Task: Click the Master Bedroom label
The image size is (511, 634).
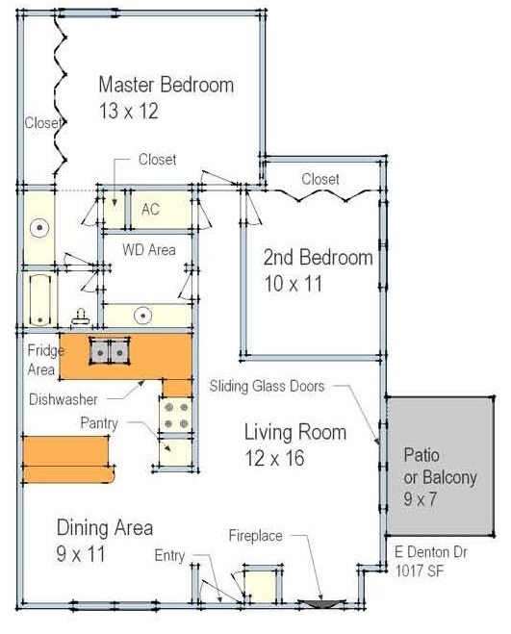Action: [x=166, y=85]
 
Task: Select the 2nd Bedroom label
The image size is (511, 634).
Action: [x=319, y=258]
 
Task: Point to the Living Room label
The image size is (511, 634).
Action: [x=294, y=432]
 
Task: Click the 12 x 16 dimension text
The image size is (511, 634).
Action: [x=274, y=458]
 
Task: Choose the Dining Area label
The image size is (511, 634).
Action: [x=104, y=528]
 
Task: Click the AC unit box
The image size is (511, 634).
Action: [x=151, y=209]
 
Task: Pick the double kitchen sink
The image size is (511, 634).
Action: [x=109, y=352]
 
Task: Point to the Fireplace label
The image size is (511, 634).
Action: [x=255, y=536]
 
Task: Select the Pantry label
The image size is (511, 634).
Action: [x=99, y=422]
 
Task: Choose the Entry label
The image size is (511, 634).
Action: [x=169, y=556]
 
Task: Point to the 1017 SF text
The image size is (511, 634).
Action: [x=418, y=569]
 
